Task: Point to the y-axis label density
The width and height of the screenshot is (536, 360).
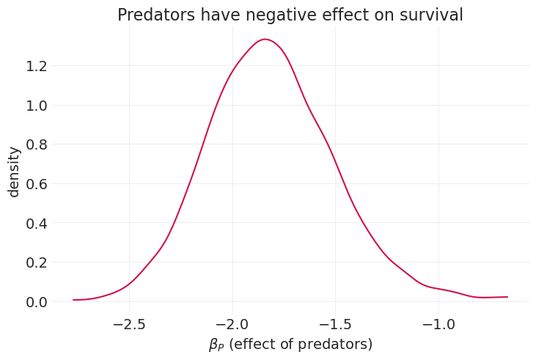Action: (14, 172)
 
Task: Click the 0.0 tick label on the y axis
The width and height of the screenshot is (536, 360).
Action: (36, 302)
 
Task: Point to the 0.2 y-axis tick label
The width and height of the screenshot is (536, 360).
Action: (36, 262)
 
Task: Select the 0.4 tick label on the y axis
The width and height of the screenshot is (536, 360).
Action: (36, 223)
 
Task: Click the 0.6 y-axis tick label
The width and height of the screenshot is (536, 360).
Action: (36, 184)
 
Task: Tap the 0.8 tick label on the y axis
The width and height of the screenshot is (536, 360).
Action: (36, 144)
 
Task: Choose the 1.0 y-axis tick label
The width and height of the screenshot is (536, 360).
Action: (36, 106)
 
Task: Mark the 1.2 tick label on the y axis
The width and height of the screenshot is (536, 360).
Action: (36, 66)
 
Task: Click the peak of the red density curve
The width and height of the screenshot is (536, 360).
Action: (265, 40)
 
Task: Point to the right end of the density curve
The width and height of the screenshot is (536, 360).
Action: (507, 297)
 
